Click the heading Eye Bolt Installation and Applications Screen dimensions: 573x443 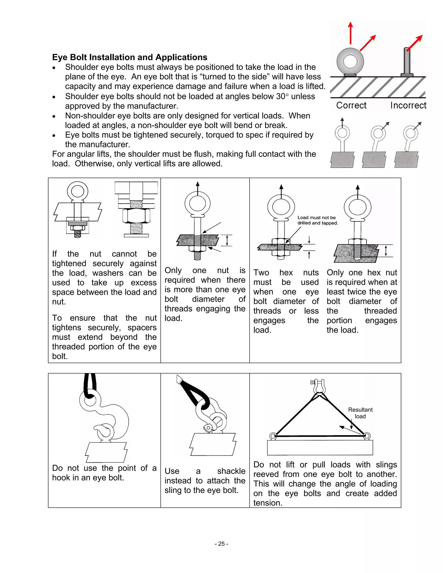tap(130, 57)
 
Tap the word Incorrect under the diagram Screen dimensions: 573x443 tap(408, 105)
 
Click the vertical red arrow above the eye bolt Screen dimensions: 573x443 tap(350, 33)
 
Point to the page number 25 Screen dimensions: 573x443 tap(221, 544)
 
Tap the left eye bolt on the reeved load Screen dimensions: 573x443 tap(273, 436)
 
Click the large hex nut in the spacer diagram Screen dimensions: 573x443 tap(136, 215)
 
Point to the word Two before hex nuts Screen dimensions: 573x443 tap(261, 273)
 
